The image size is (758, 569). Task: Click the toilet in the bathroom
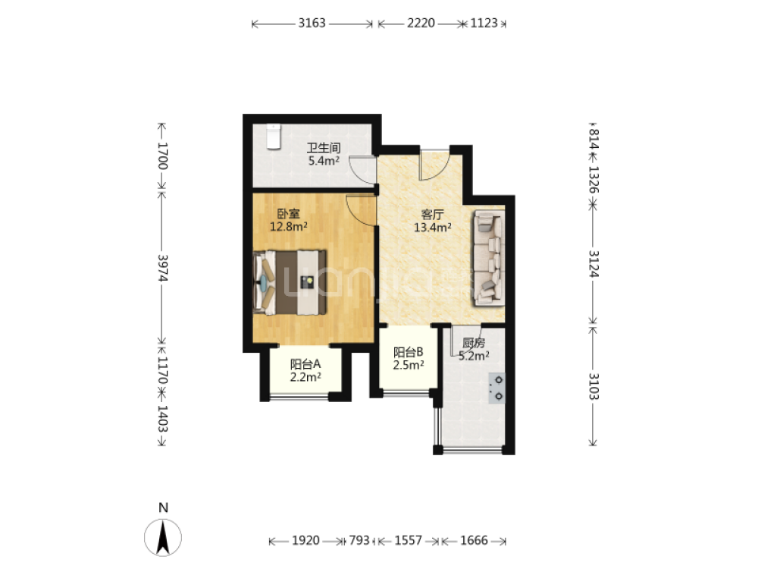[274, 137]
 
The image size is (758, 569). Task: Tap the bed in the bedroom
[290, 282]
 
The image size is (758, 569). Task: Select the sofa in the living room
[489, 259]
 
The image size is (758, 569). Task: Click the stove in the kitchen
[496, 388]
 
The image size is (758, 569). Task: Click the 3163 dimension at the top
[312, 24]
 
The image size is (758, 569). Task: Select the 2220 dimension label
[421, 24]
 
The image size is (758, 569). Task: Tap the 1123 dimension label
[484, 24]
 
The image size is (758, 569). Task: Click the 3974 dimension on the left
[162, 268]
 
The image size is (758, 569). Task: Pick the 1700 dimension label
[162, 156]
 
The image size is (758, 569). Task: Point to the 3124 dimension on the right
[594, 264]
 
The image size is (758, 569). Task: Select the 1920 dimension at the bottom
[305, 540]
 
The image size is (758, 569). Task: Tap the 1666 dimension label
[474, 540]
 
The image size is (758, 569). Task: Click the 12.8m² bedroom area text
[289, 226]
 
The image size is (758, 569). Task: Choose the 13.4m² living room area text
[433, 227]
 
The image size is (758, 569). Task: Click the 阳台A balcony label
[305, 364]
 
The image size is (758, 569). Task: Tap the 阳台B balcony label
[409, 352]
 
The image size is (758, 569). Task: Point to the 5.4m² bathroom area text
[324, 161]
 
